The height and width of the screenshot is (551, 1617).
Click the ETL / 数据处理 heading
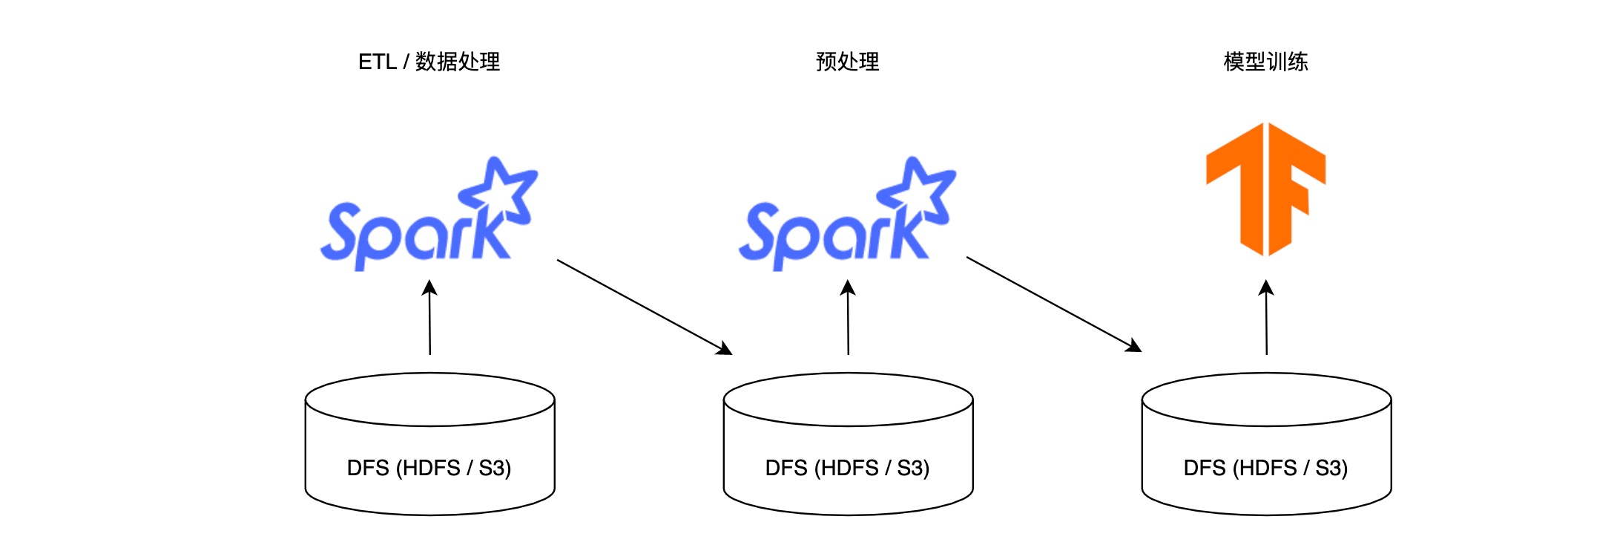pos(429,62)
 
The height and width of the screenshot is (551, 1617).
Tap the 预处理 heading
pos(847,62)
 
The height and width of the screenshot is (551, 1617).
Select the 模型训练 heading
pos(1265,62)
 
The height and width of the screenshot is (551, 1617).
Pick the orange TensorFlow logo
pos(1266,189)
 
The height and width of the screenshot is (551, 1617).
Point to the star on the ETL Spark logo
pos(501,189)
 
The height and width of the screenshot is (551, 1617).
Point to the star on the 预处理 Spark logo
pos(919,189)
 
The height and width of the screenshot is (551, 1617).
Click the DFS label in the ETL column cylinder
pos(429,468)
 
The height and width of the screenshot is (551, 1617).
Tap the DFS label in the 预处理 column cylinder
pos(847,468)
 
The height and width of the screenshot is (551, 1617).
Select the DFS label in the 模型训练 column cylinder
pos(1265,468)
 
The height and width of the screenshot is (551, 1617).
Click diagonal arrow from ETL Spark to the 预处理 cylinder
pos(644,307)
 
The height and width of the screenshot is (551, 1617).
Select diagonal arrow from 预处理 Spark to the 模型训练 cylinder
pos(1053,304)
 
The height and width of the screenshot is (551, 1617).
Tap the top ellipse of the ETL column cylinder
pos(429,400)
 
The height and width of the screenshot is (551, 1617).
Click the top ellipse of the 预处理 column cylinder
pos(848,400)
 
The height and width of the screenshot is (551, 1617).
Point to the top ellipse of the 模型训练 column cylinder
pos(1266,400)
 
